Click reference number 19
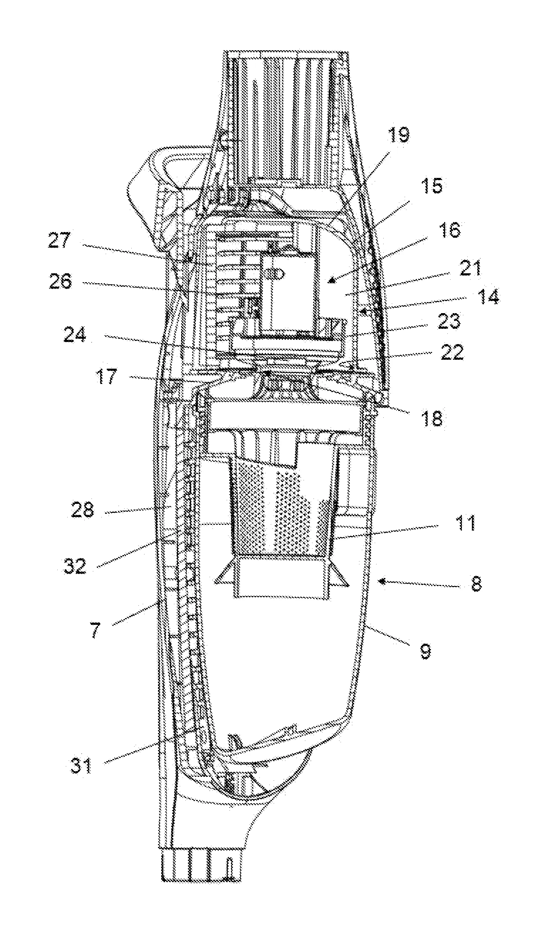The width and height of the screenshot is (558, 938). [x=399, y=135]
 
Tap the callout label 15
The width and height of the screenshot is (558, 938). [x=432, y=186]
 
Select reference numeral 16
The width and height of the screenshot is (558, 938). [x=449, y=230]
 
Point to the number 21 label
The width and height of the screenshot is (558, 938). [x=470, y=268]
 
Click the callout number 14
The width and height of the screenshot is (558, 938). [x=489, y=297]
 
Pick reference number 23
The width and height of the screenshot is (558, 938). [x=449, y=321]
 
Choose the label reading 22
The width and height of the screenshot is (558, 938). [x=452, y=353]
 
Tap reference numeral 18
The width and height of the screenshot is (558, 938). [x=431, y=418]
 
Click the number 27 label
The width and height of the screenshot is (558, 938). [x=59, y=240]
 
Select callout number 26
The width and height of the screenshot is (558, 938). [x=60, y=281]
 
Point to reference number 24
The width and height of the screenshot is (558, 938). [x=74, y=334]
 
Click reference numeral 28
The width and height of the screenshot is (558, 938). [x=82, y=510]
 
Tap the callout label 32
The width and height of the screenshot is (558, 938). [x=75, y=566]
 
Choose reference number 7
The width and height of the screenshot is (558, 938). [x=95, y=630]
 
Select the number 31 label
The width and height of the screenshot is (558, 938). [x=81, y=766]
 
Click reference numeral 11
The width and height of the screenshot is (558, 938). [x=465, y=523]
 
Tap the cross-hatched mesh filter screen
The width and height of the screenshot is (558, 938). [x=282, y=511]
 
